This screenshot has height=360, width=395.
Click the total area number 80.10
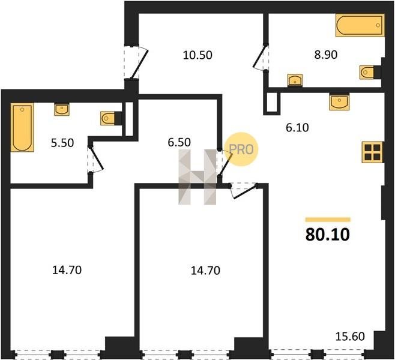coord(328,235)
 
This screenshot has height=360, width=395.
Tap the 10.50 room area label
coord(197,55)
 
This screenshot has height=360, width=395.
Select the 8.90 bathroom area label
coord(326,55)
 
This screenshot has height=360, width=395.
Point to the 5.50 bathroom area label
coord(62,143)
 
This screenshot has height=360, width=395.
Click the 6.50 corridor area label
coord(179,142)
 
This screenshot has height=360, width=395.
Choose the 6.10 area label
coord(297,128)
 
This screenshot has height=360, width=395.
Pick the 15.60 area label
coord(350,337)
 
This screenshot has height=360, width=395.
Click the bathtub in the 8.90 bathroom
coord(360,25)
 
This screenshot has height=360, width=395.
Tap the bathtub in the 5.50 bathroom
coord(22,127)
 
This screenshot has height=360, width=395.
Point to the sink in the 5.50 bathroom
coord(62,110)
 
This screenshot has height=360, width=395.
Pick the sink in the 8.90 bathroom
coord(295,80)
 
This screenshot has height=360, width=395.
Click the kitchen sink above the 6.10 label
coord(339,102)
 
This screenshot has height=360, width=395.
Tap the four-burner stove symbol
coord(372,152)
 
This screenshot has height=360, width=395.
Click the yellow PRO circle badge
coord(241,149)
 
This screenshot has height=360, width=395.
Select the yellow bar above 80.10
coord(328,220)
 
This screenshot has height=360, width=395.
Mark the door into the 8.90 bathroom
coord(261,57)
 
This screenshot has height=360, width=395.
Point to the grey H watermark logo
coord(197,177)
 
